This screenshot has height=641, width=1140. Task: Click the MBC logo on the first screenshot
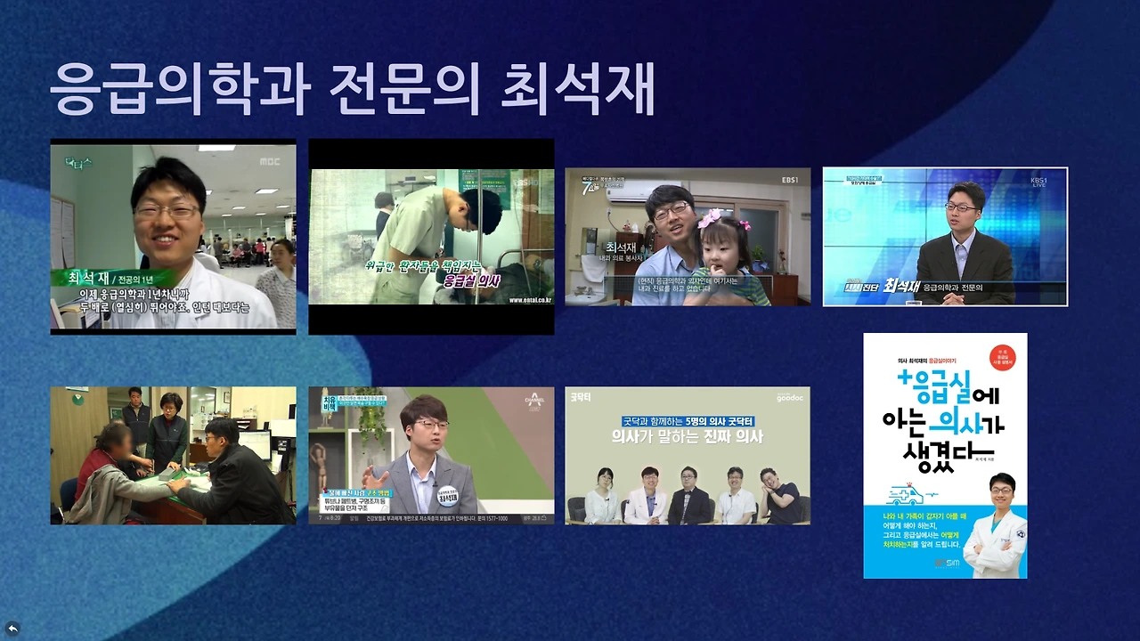(271, 161)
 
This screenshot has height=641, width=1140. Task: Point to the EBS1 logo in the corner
(789, 180)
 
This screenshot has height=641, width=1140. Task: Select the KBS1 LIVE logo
(1038, 182)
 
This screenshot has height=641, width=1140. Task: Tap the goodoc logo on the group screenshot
(789, 398)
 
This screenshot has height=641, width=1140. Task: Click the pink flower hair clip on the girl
(709, 218)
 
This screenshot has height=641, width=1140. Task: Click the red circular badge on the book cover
(1002, 358)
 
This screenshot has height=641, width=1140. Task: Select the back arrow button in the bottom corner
(12, 629)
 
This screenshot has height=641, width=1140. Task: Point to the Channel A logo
(534, 402)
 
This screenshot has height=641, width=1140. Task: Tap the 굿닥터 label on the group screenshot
(581, 397)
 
